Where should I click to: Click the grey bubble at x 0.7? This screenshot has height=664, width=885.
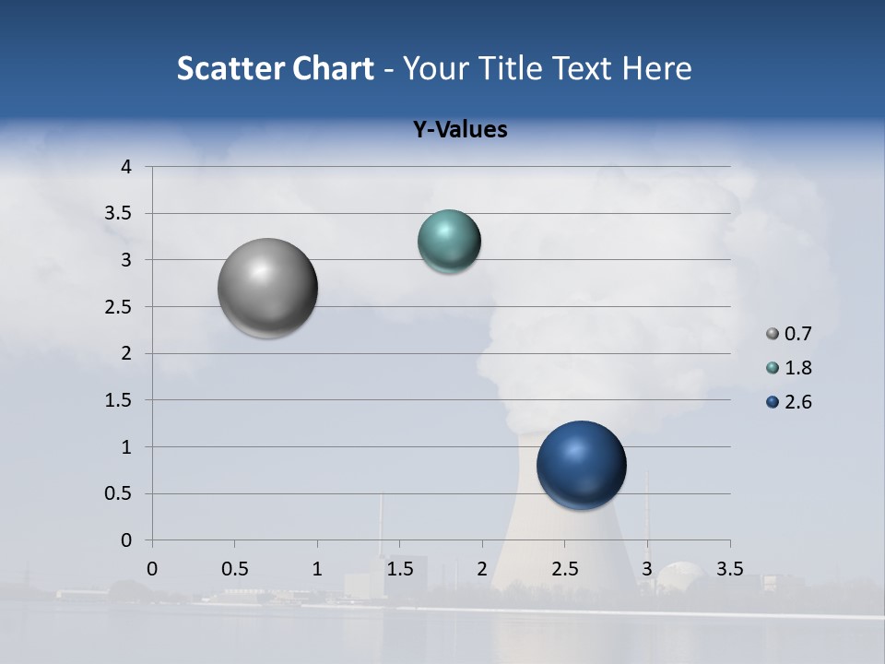(x=267, y=288)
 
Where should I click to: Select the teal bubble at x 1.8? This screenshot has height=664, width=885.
(x=449, y=242)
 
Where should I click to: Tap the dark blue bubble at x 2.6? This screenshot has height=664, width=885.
(x=581, y=465)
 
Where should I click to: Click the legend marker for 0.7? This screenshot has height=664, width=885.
(x=773, y=334)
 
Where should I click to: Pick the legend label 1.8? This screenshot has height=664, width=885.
(x=797, y=368)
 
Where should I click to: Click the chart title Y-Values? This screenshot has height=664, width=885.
(x=460, y=130)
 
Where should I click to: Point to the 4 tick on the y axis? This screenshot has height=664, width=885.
(x=127, y=167)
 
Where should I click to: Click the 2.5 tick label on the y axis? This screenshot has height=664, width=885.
(x=120, y=307)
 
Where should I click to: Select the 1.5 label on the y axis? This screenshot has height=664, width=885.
(x=120, y=400)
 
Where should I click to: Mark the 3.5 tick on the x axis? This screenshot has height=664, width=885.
(x=729, y=569)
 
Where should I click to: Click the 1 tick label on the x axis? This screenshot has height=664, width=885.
(x=317, y=569)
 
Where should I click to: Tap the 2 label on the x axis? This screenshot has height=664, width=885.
(x=482, y=569)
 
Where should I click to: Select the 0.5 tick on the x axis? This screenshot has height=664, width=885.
(x=234, y=569)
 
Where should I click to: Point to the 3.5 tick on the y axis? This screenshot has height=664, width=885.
(x=120, y=214)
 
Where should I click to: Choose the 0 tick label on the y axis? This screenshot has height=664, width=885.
(x=127, y=540)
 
